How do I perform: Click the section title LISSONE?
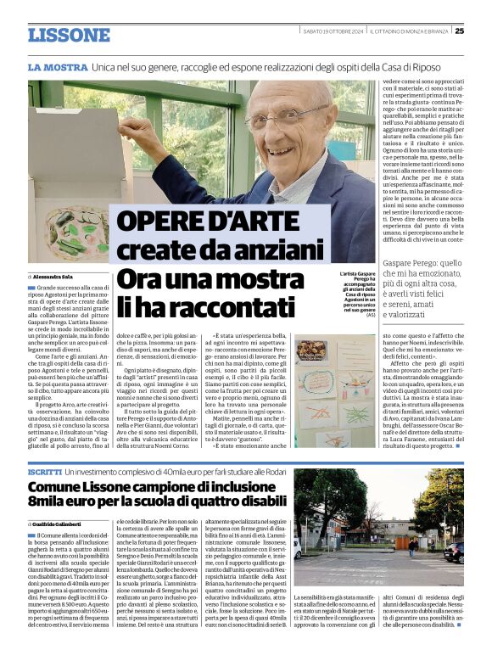pyautogui.click(x=69, y=35)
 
